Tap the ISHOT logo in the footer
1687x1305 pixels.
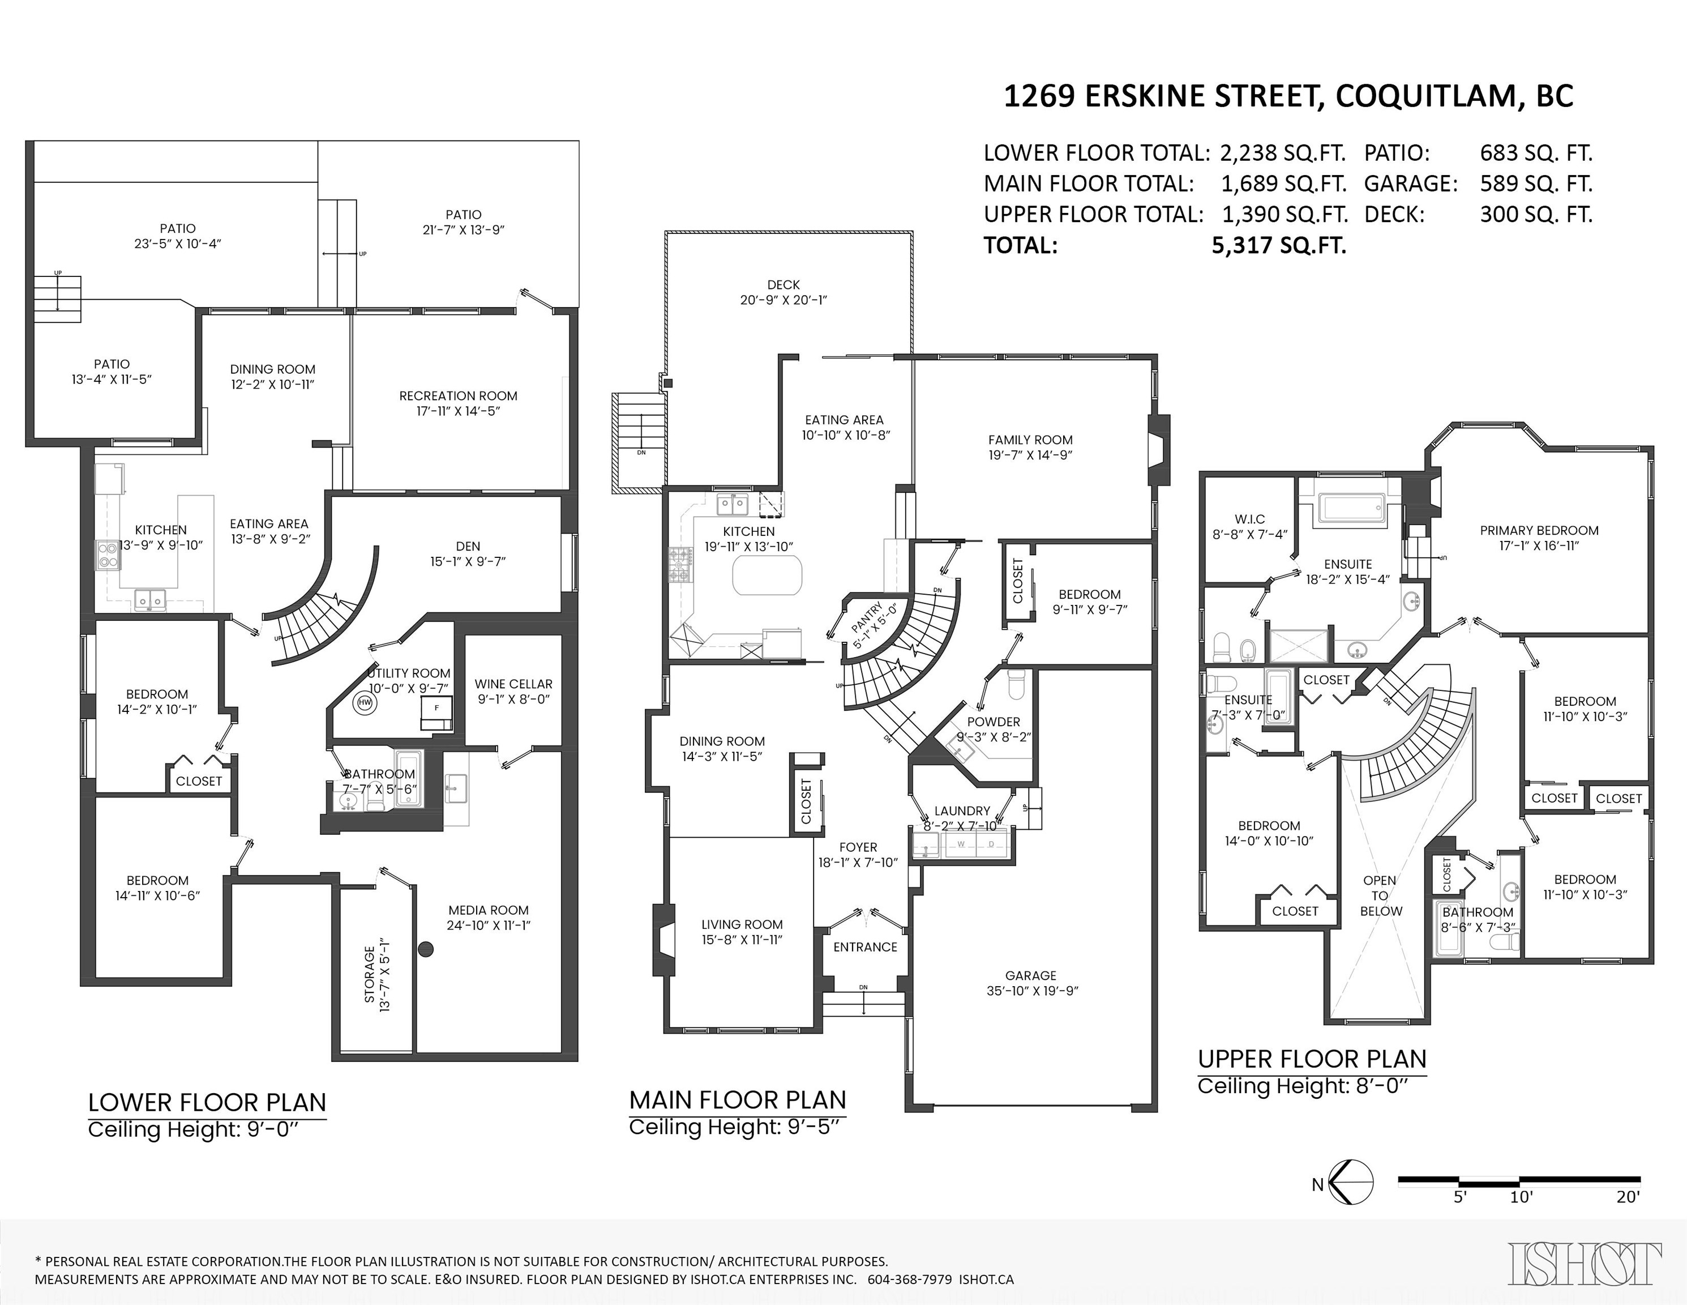1585,1264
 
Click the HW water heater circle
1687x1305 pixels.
365,703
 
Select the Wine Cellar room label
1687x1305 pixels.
513,684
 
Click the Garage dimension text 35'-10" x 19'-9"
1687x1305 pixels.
1032,991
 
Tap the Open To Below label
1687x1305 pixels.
1380,895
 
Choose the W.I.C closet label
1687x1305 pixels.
1249,519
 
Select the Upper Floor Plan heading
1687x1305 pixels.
1312,1059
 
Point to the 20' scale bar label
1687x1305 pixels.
1628,1197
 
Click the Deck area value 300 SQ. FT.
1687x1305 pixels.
1536,214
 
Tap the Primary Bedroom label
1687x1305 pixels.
1539,530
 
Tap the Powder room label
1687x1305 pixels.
994,722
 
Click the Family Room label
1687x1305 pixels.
1030,440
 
